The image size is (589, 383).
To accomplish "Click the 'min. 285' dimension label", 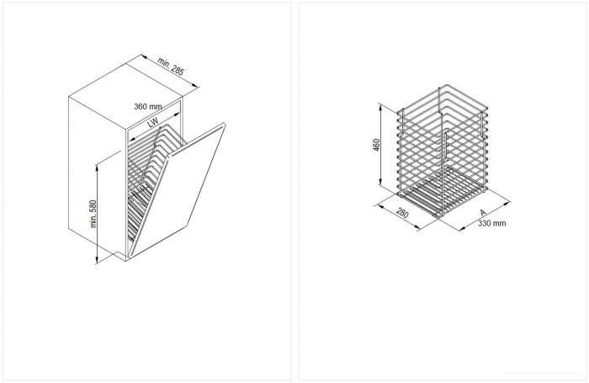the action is coord(171,66).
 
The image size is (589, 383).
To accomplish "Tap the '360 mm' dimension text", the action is coord(148,106).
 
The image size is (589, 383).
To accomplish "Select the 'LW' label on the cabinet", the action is coord(152,123).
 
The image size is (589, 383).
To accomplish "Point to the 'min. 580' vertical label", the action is coord(93,214).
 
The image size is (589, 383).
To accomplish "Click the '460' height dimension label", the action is coord(377,145).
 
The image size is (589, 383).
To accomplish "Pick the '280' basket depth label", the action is coord(402,213).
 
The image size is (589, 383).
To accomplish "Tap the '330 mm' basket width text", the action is coord(491,223).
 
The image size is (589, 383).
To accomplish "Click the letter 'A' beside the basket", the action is coord(483,213).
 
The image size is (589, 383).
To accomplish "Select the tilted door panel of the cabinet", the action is coord(178,189).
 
